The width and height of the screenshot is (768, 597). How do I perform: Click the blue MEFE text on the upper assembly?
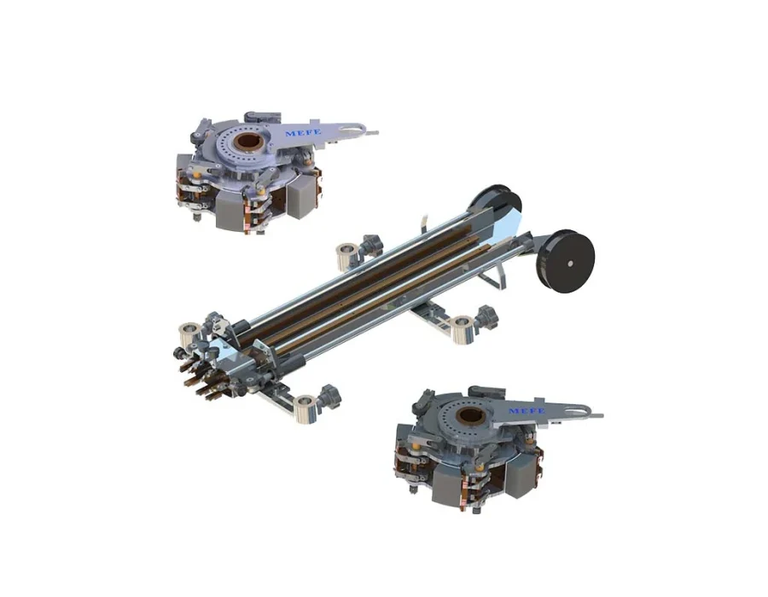[x=303, y=132]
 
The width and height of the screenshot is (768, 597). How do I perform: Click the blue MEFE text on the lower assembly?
[x=527, y=410]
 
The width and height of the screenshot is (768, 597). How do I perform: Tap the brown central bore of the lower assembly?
[x=471, y=417]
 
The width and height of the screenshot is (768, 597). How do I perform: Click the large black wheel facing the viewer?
[x=568, y=263]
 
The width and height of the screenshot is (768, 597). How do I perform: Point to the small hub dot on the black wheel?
[x=570, y=264]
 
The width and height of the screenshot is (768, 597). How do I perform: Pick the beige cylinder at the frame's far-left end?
[x=189, y=335]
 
